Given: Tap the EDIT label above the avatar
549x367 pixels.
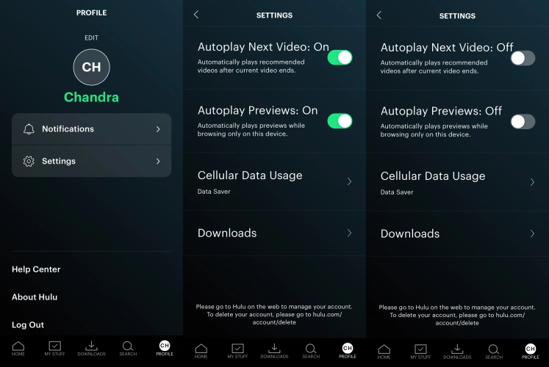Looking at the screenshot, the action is click(x=91, y=37).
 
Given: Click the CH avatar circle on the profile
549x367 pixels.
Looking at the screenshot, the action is click(x=91, y=67).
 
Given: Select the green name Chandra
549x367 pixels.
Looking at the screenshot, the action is click(x=91, y=97).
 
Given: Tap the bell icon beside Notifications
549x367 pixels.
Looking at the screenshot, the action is click(x=29, y=129).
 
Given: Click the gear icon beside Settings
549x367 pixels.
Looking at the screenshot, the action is click(x=29, y=161).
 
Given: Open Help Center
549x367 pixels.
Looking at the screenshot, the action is click(x=36, y=269).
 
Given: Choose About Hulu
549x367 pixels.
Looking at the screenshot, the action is click(x=35, y=297).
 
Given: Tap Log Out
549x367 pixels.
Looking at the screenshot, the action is click(x=28, y=324).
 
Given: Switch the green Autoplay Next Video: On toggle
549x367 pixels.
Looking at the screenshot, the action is click(x=340, y=58).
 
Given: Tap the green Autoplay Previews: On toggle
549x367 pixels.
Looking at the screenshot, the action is click(x=340, y=121).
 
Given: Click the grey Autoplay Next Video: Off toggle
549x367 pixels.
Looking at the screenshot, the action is click(x=523, y=59).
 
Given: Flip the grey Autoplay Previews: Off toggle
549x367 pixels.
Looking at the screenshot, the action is click(x=523, y=122).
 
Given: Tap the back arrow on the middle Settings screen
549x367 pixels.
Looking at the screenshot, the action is click(x=196, y=15).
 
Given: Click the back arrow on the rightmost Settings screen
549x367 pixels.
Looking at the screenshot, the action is click(x=379, y=15).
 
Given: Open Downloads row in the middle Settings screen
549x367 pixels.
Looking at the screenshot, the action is click(x=275, y=233).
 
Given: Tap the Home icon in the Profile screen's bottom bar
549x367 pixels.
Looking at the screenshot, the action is click(x=18, y=346).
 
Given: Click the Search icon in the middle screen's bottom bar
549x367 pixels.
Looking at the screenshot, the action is click(x=311, y=349).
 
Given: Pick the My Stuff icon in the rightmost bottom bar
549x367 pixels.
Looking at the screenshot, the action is click(x=420, y=349).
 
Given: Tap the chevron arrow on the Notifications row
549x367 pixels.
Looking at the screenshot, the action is click(x=158, y=129).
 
